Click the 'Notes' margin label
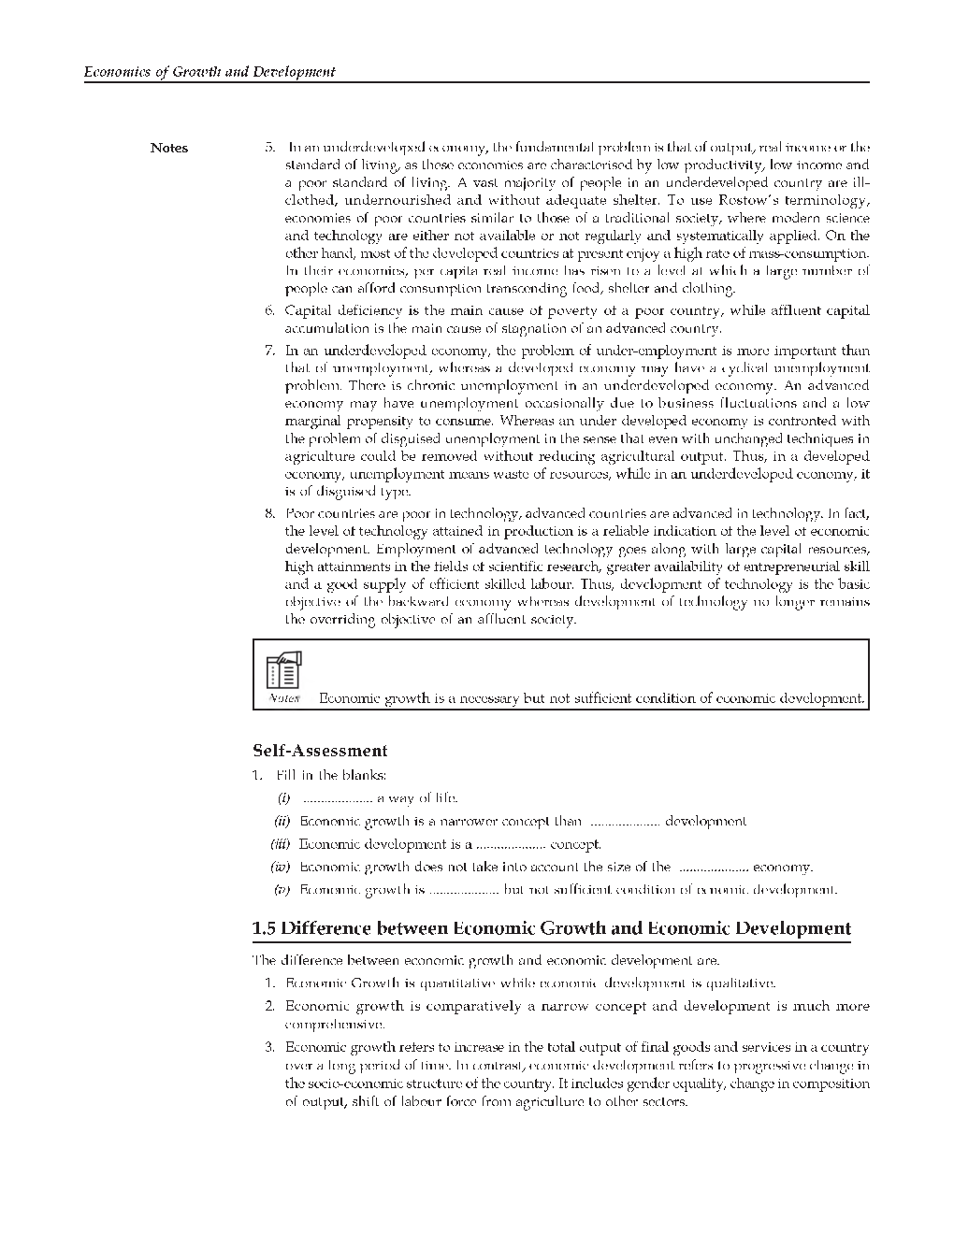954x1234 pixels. [169, 148]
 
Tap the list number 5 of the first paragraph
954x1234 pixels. [269, 147]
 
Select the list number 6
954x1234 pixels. [269, 310]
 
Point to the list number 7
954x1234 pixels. [269, 351]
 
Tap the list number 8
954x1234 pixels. [269, 513]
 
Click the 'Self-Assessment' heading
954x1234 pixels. [320, 751]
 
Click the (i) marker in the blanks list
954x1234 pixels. [283, 798]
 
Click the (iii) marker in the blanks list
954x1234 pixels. [282, 844]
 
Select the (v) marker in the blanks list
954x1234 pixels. [283, 890]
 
